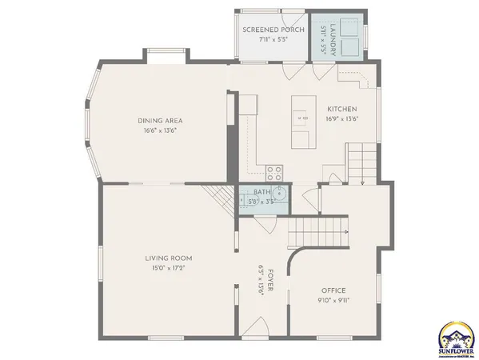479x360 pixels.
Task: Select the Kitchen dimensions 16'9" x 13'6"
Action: (x=341, y=118)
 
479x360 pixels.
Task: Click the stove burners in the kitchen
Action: (x=273, y=170)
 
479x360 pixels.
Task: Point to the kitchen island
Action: (x=303, y=122)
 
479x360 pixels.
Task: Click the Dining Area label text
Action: (x=159, y=121)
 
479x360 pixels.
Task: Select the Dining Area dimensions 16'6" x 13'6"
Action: (x=159, y=130)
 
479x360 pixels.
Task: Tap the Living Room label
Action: (x=168, y=258)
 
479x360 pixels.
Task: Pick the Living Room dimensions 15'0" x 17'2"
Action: (x=168, y=267)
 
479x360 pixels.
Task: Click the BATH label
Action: (x=261, y=192)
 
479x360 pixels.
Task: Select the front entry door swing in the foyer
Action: (x=257, y=326)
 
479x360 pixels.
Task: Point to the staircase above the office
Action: (x=318, y=232)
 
